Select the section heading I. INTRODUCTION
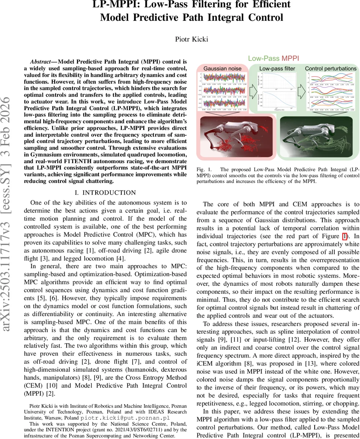[105, 193]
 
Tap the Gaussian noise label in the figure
[223, 68]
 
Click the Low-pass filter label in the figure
[277, 68]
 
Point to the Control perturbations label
[330, 68]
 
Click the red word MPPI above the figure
[290, 58]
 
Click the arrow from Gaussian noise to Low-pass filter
[253, 90]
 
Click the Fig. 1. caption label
[203, 169]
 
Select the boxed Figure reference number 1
[345, 236]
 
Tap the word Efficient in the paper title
[268, 4]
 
